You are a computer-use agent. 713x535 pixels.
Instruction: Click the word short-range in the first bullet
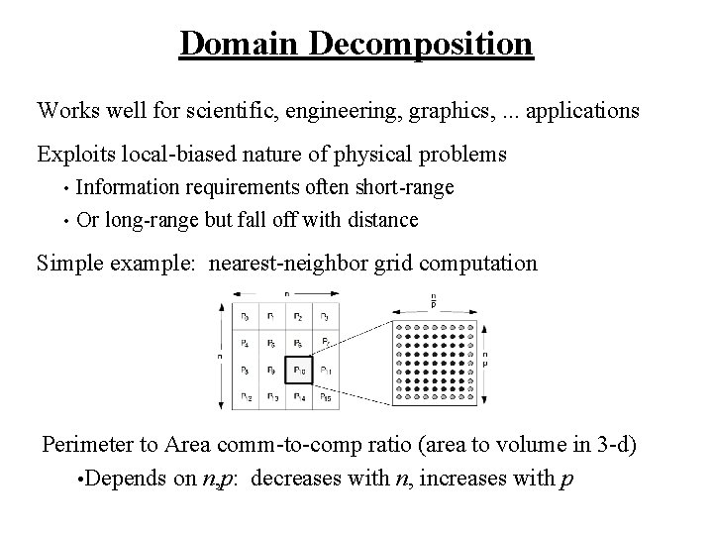pos(403,186)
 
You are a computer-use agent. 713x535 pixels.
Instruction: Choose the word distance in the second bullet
pos(382,219)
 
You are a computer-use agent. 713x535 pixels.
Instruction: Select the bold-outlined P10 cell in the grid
pos(299,370)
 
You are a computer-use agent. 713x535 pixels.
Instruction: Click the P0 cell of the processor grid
pos(245,317)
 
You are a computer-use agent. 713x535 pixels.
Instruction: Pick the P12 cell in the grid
pos(245,396)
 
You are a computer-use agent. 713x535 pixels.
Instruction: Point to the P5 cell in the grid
pos(272,343)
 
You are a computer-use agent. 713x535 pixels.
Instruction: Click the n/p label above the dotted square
pos(432,300)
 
